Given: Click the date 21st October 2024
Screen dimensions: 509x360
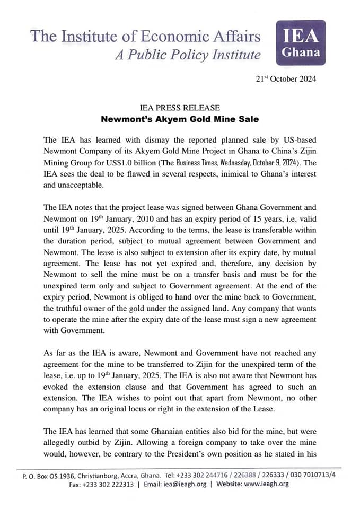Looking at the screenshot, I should (x=286, y=80).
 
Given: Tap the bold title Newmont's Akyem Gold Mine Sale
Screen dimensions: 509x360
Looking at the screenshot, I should (x=180, y=119).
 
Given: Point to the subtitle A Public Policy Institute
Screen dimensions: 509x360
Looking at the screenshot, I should (x=188, y=55).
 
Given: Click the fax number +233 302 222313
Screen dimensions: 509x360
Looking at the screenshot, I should (x=108, y=484).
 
